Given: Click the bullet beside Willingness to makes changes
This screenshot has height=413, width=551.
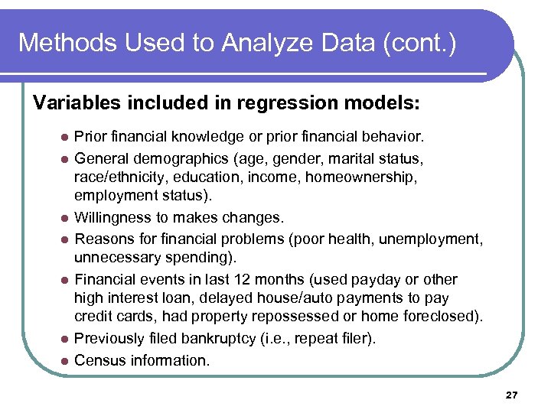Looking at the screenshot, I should pyautogui.click(x=65, y=217).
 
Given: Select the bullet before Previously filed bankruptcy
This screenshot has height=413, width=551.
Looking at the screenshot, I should pyautogui.click(x=65, y=339).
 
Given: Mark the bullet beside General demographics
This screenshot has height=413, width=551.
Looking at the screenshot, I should pyautogui.click(x=65, y=160).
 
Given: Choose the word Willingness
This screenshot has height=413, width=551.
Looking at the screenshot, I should pyautogui.click(x=112, y=217).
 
